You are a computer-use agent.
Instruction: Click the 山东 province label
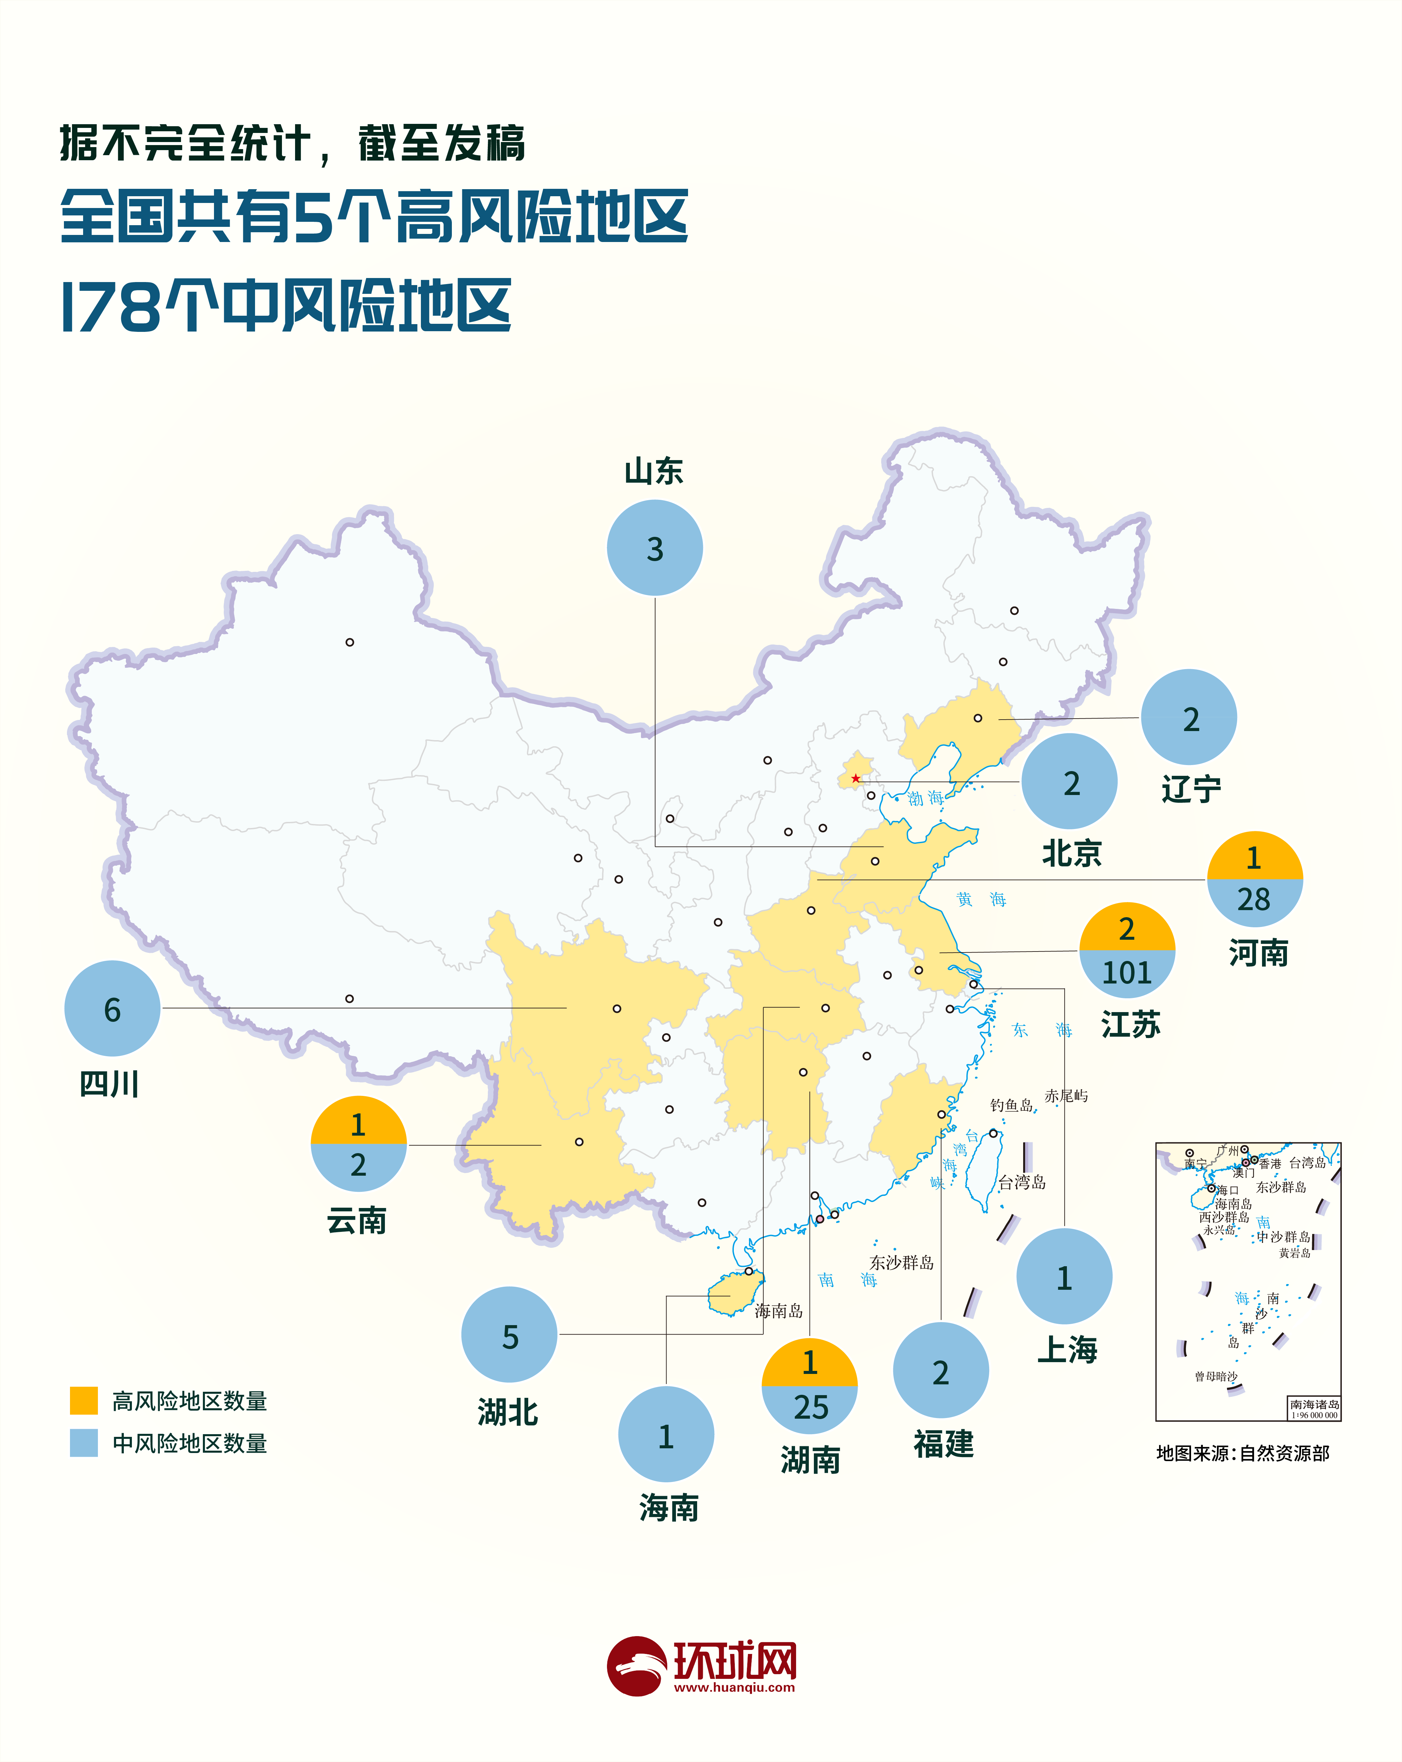click(654, 472)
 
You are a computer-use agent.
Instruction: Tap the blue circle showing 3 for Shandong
click(654, 548)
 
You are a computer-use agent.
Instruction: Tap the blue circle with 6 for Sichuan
click(112, 1008)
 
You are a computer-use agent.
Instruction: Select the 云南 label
click(357, 1221)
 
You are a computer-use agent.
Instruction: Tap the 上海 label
click(1067, 1349)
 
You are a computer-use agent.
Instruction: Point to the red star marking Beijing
click(855, 778)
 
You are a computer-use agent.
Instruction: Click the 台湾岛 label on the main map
click(1021, 1182)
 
